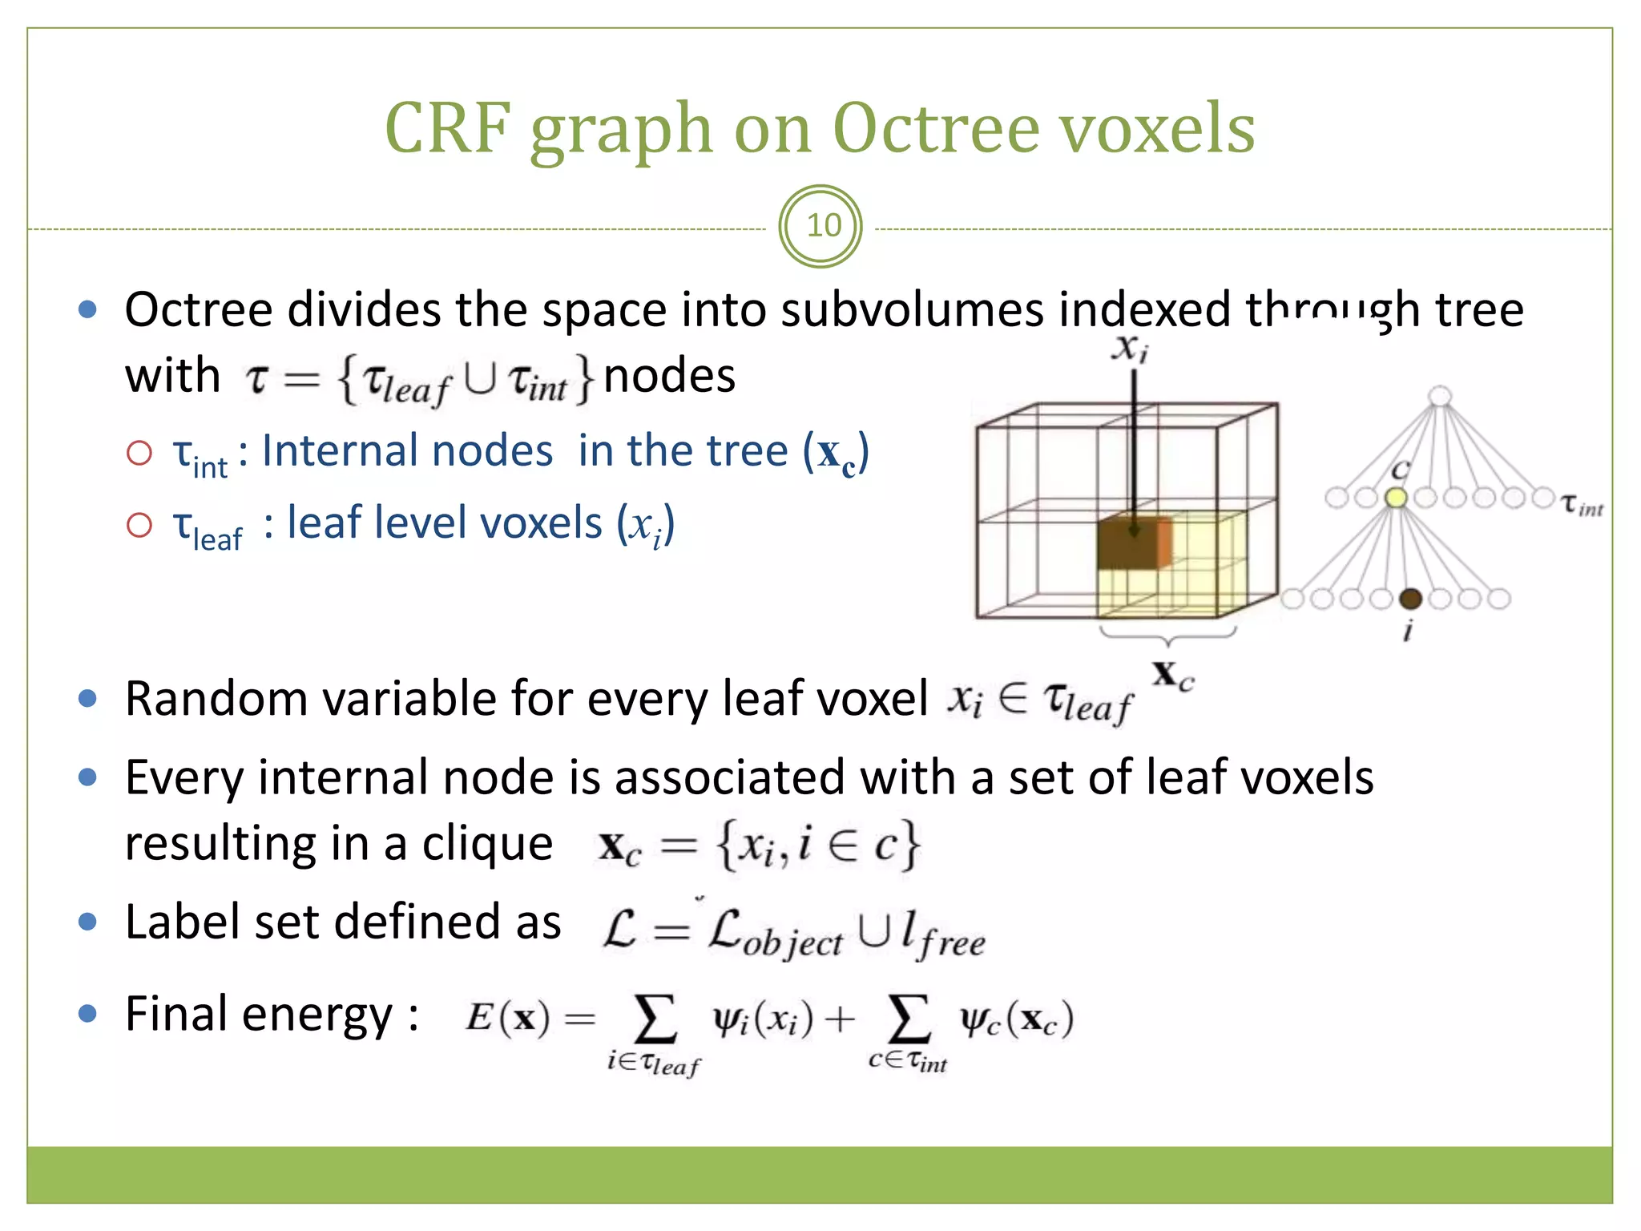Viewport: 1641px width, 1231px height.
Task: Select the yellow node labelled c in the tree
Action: pyautogui.click(x=1397, y=498)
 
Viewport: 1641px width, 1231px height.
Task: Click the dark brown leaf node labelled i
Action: pyautogui.click(x=1410, y=598)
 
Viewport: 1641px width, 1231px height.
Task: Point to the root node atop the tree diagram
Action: pyautogui.click(x=1440, y=395)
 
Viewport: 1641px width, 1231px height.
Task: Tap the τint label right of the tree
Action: pyautogui.click(x=1582, y=505)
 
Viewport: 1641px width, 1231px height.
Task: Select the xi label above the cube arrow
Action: pyautogui.click(x=1130, y=349)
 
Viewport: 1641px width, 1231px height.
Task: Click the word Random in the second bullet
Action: pyautogui.click(x=216, y=699)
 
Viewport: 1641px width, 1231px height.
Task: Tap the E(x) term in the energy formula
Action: pyautogui.click(x=507, y=1018)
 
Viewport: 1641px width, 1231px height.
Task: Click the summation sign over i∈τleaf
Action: pyautogui.click(x=655, y=1018)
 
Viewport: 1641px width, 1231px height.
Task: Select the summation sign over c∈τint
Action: pyautogui.click(x=909, y=1018)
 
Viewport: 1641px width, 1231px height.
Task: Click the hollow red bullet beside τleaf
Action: pyautogui.click(x=139, y=526)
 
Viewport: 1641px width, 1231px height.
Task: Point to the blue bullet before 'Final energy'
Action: pyautogui.click(x=87, y=1015)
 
